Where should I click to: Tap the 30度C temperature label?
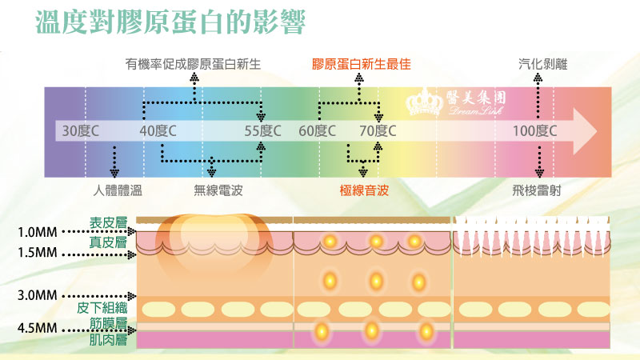click(80, 130)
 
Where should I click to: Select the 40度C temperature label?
click(158, 130)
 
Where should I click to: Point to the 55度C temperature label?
click(263, 130)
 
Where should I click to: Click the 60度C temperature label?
click(317, 130)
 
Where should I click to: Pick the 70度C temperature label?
click(378, 130)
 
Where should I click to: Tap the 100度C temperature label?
click(535, 130)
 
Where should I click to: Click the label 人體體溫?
click(115, 190)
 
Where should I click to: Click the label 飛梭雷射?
click(538, 190)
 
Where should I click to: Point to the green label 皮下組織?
click(102, 307)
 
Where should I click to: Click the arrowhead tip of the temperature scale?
click(596, 131)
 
